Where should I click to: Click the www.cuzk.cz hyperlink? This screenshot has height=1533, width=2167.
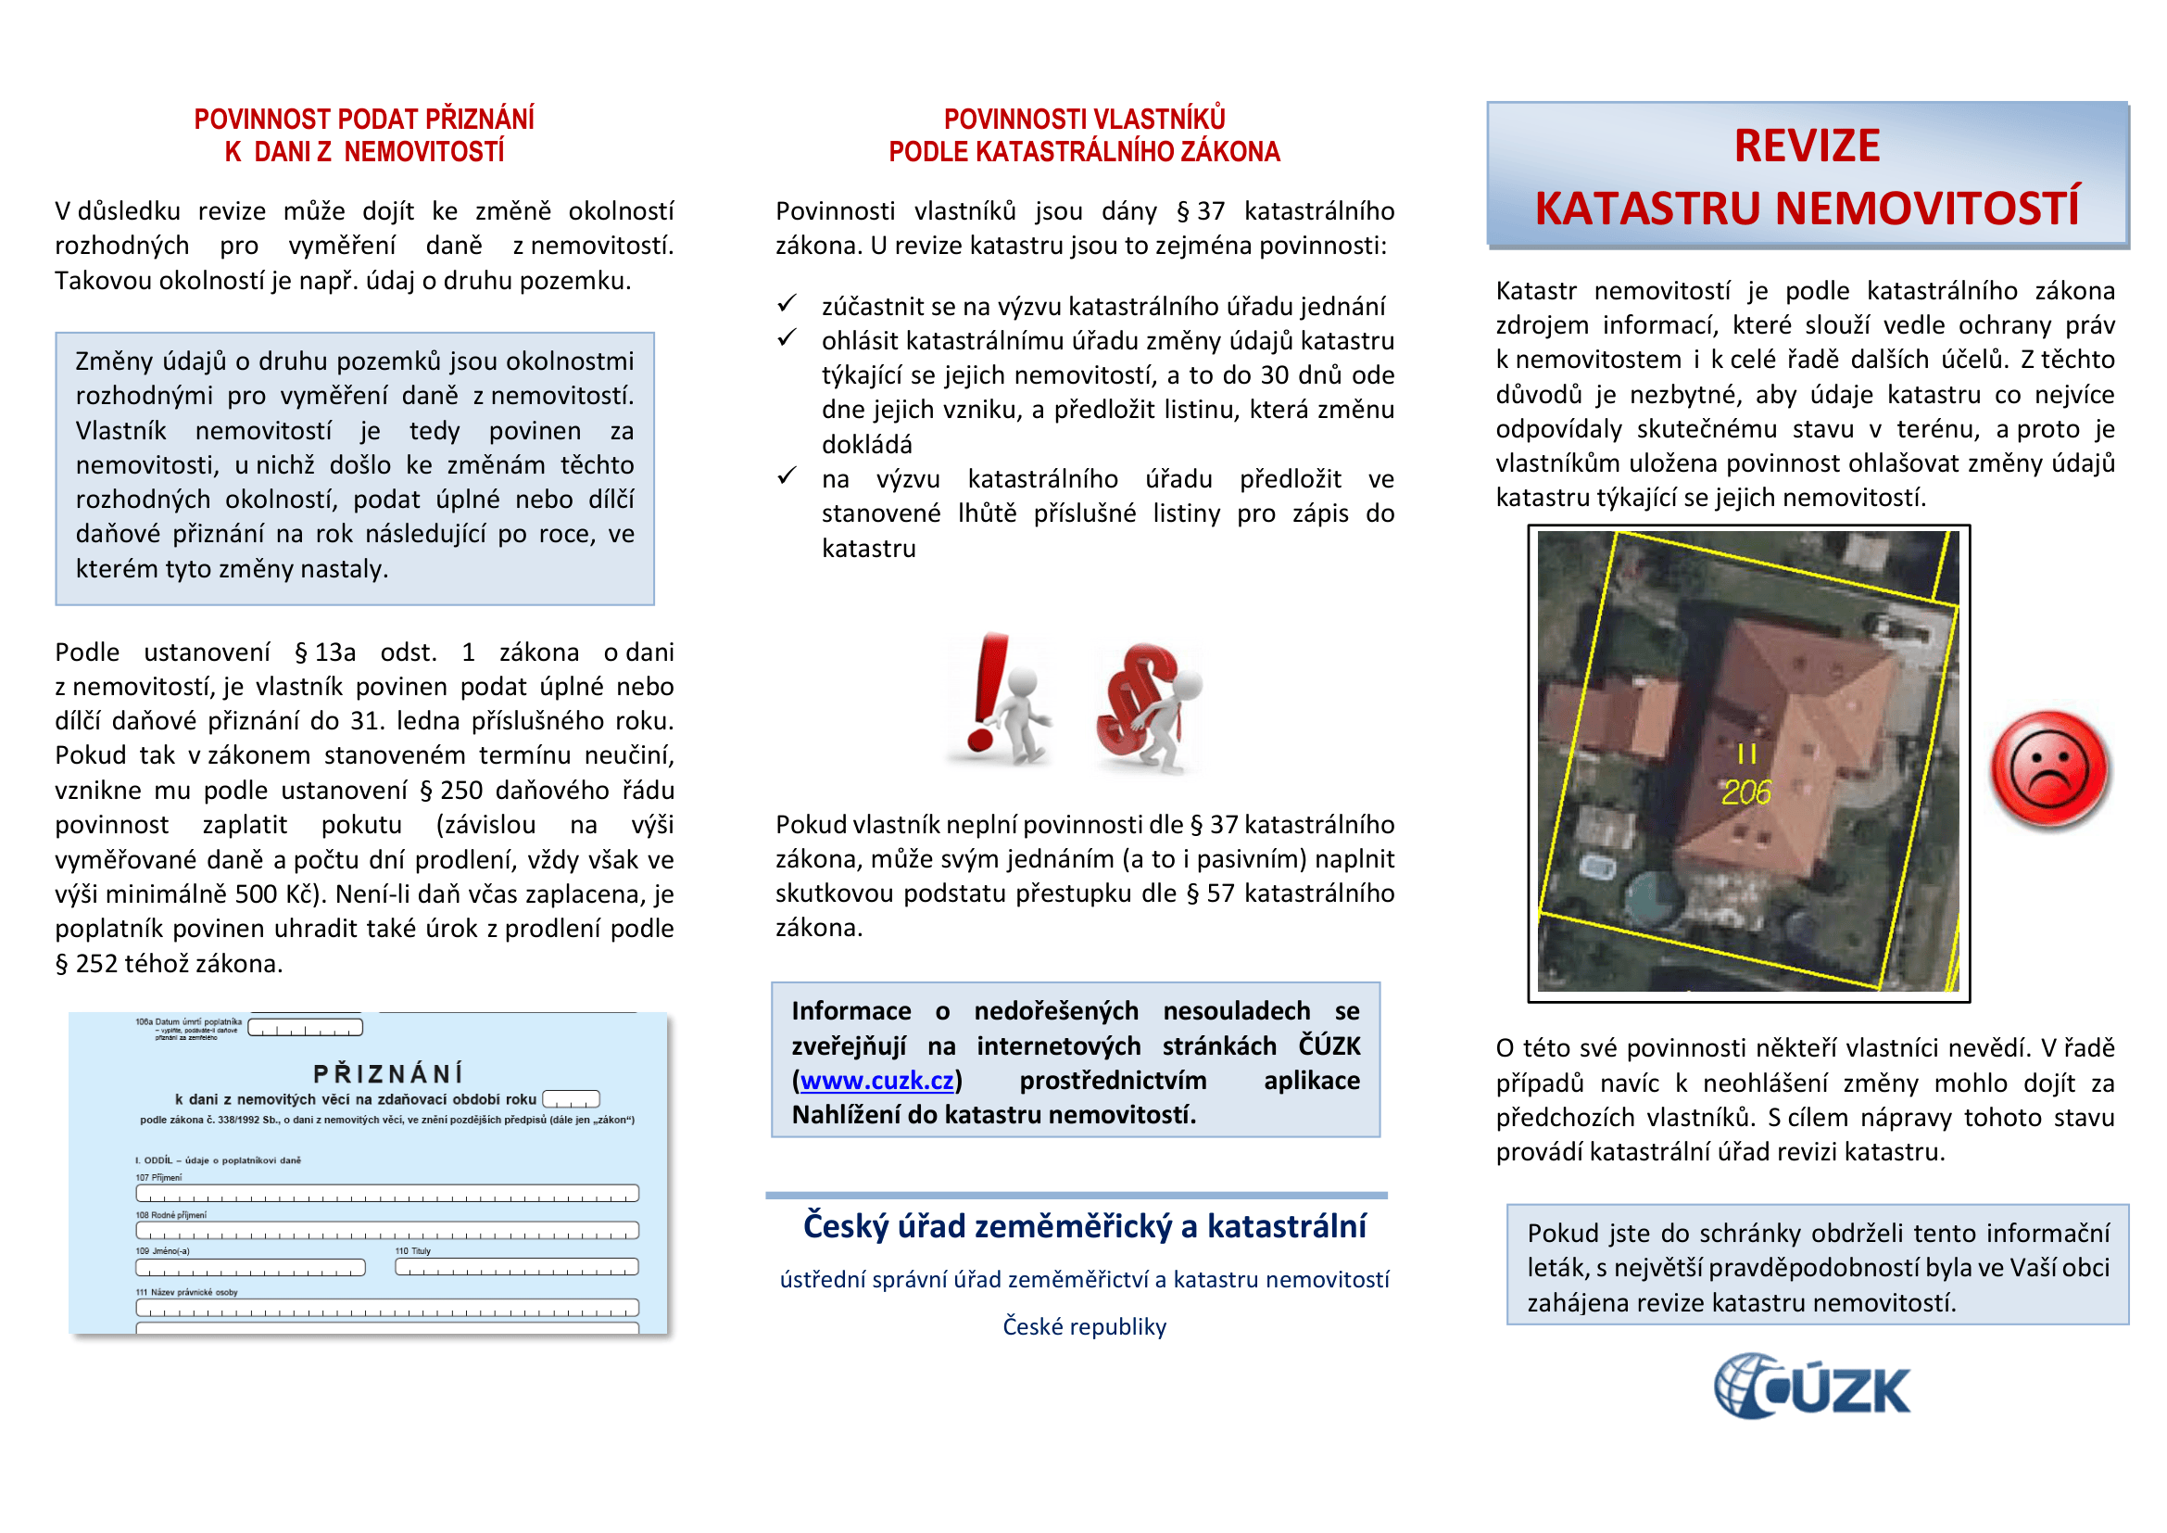tap(876, 1081)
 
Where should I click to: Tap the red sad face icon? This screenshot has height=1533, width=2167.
tap(2048, 769)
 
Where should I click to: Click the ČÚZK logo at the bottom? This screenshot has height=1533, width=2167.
tap(1811, 1387)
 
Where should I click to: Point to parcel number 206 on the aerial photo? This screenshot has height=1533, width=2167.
tap(1746, 792)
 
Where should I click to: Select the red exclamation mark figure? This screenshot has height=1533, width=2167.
tap(999, 701)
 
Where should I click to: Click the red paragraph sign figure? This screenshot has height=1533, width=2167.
tap(1146, 706)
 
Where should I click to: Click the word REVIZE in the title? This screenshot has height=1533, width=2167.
tap(1807, 146)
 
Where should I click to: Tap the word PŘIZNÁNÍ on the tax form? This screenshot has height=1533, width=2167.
tap(388, 1074)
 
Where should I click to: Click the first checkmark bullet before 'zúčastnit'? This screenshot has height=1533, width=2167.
tap(787, 304)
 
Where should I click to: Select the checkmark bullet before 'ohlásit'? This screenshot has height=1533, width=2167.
tap(787, 338)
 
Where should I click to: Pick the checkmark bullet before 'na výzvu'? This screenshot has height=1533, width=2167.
tap(787, 475)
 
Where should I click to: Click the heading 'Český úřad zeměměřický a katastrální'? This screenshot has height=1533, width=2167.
tap(1084, 1226)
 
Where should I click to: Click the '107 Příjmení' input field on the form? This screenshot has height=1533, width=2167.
tap(387, 1193)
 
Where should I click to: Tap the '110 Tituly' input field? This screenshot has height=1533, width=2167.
tap(516, 1267)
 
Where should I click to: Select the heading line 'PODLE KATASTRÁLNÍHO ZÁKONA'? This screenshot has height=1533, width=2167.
tap(1084, 152)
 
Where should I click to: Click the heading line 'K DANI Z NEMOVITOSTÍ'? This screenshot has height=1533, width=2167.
tap(364, 152)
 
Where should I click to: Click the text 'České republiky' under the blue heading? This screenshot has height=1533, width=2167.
tap(1084, 1326)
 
